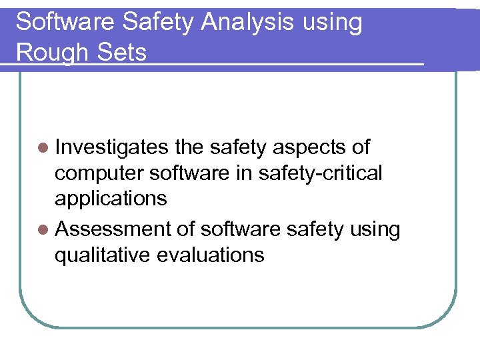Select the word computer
99,174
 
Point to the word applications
111,199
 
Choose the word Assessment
114,229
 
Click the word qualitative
103,255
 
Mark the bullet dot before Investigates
43,148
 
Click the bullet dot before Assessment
43,229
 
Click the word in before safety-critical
244,173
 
